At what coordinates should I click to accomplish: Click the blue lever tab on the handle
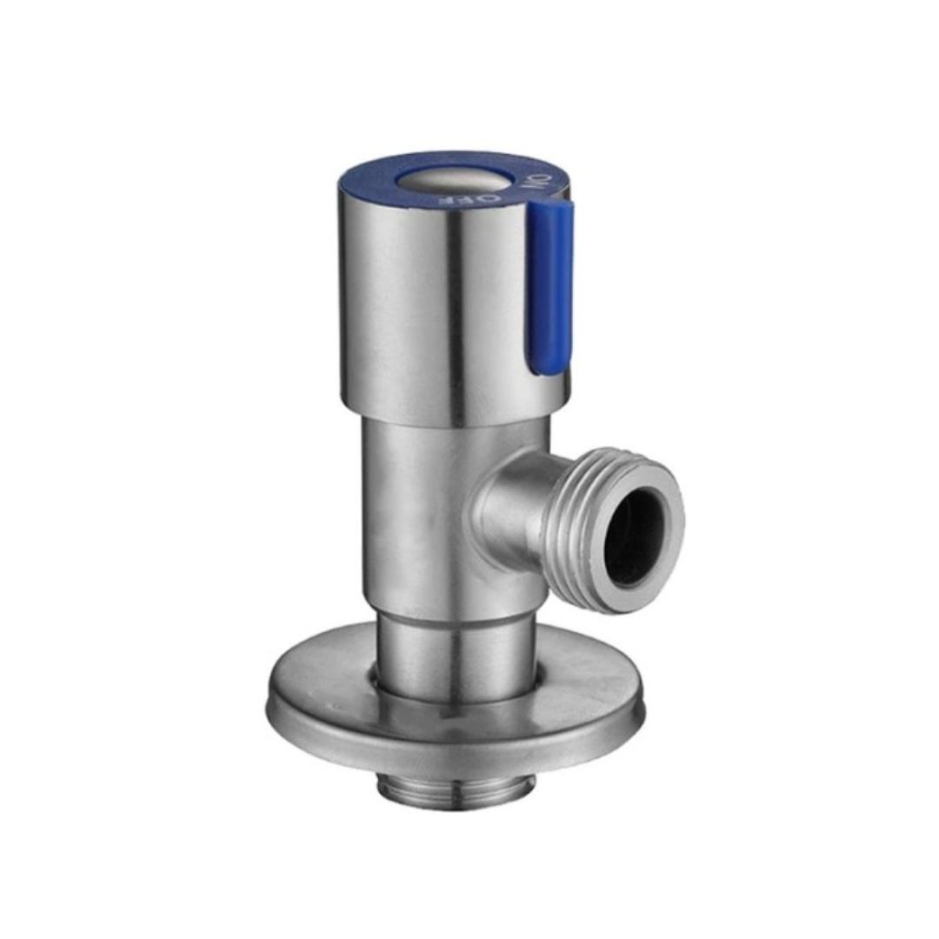pos(550,287)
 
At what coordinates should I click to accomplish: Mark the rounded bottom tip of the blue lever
pos(548,370)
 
